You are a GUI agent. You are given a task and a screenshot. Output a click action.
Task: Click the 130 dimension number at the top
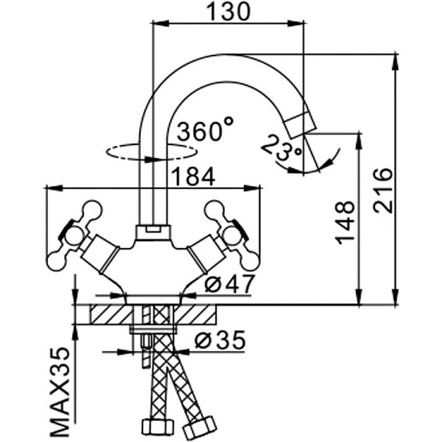coord(228,12)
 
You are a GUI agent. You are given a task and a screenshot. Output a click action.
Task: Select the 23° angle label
coord(281,148)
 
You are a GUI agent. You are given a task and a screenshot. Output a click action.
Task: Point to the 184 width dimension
coord(194,177)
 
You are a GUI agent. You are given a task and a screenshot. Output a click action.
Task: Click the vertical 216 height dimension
coord(383,191)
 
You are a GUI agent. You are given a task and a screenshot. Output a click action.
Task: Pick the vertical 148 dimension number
coord(345,222)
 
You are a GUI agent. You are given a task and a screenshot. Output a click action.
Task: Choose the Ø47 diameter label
coord(229,284)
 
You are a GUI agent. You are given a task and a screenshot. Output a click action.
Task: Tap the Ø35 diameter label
coord(220,341)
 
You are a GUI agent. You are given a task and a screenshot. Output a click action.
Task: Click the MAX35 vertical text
coord(60,392)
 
